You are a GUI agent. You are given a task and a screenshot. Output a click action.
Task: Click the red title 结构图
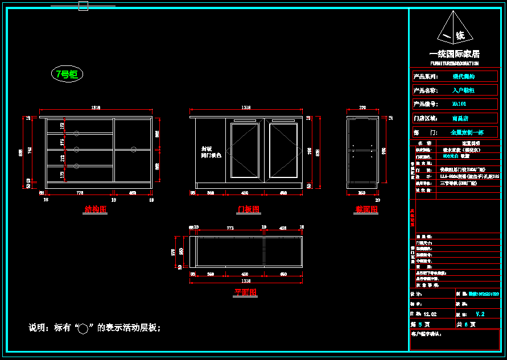tap(96, 209)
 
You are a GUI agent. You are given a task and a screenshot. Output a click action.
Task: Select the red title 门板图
tap(248, 209)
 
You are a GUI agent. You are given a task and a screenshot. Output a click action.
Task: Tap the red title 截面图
tap(366, 209)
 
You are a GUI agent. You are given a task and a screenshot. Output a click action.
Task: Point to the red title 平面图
tap(245, 292)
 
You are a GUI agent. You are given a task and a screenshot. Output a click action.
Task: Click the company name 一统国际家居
tap(455, 54)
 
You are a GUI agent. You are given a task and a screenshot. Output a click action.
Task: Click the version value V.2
tap(480, 314)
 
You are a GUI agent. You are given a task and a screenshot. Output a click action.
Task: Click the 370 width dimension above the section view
tap(362, 107)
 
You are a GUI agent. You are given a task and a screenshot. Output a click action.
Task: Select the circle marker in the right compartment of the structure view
tap(134, 150)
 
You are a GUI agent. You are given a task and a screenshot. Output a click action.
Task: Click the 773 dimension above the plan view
tap(230, 227)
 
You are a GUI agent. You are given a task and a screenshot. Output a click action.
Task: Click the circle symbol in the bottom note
tap(83, 329)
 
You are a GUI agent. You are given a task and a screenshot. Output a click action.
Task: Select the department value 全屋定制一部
tap(467, 132)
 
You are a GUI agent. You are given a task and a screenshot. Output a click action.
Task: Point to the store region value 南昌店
tap(460, 118)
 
